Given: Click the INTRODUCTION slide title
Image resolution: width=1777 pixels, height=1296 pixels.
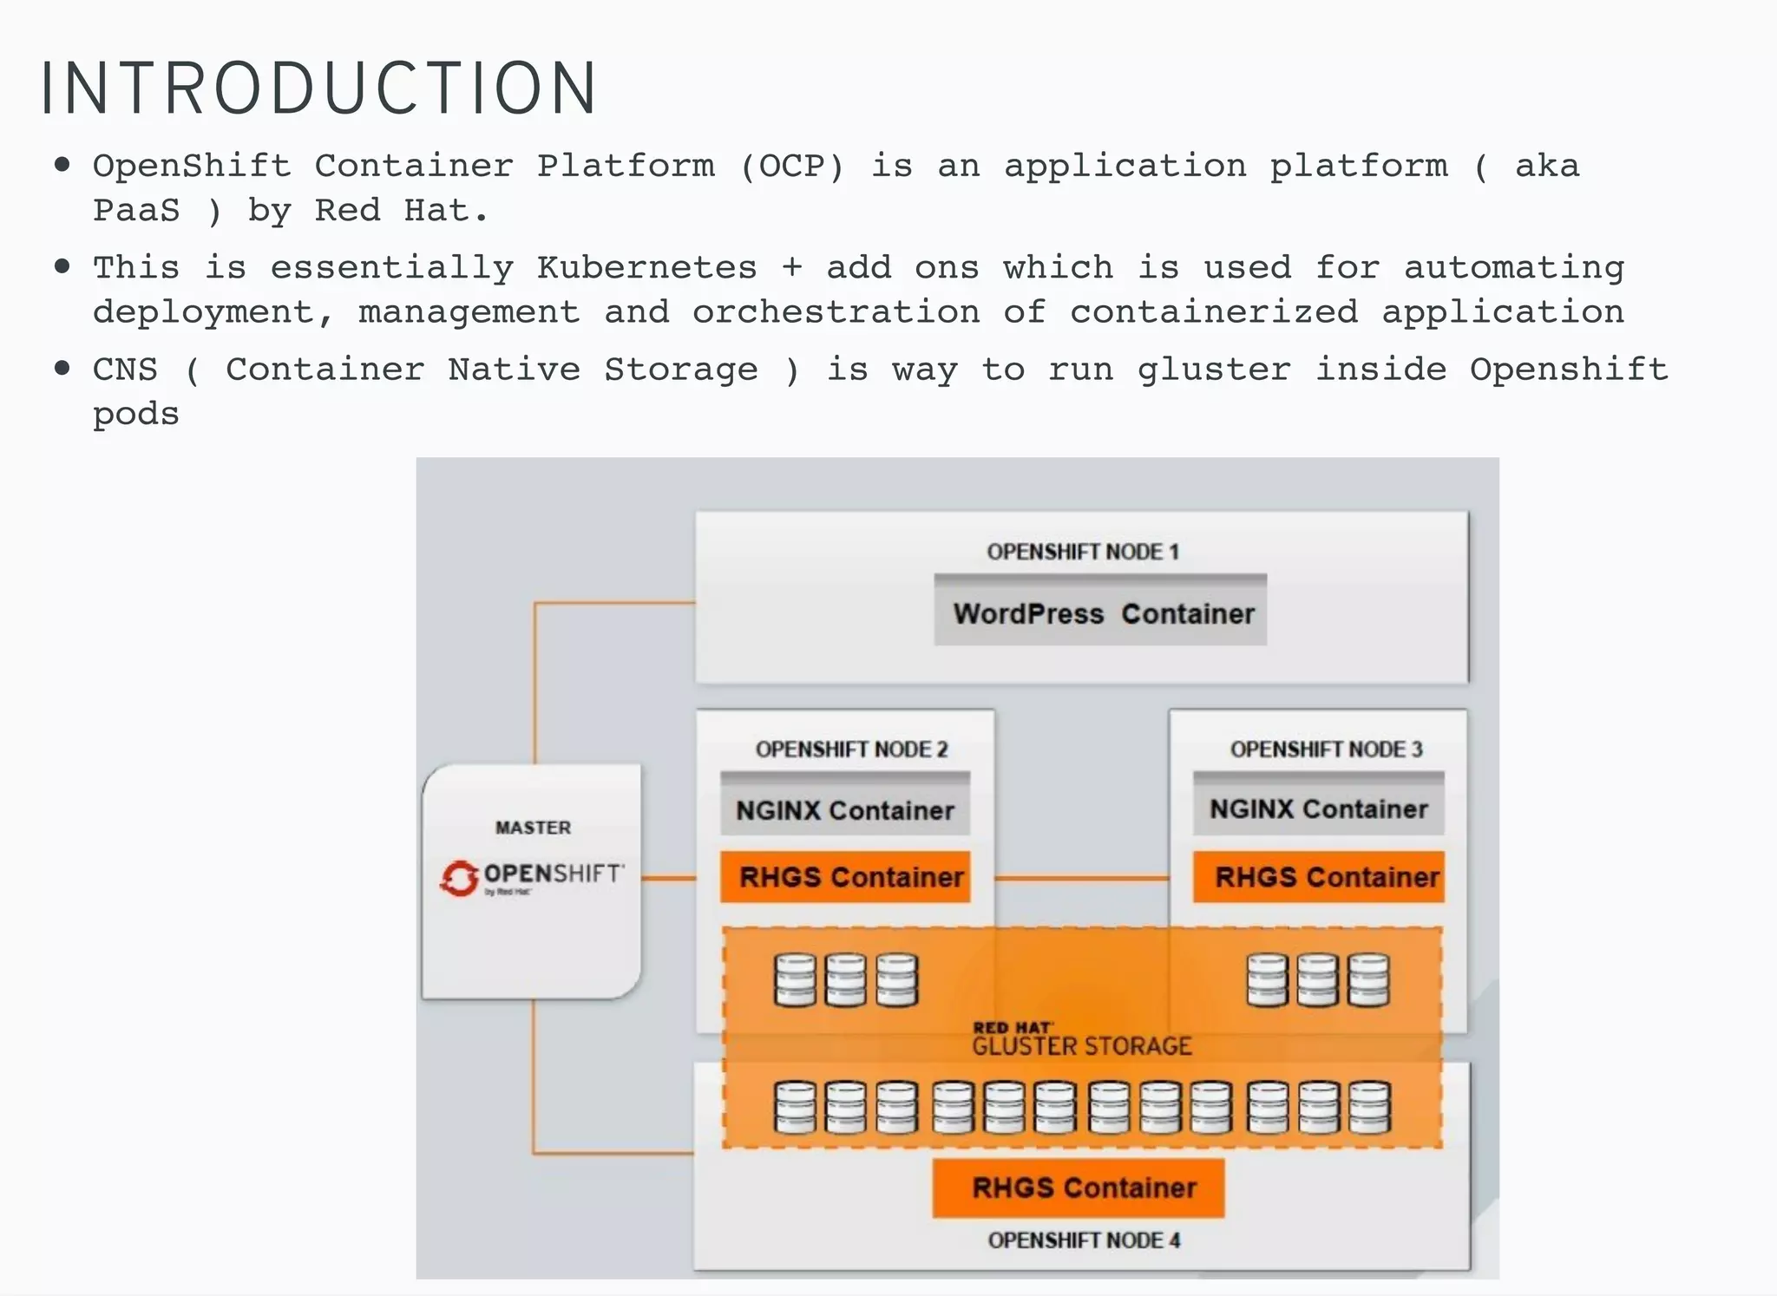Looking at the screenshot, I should [x=318, y=88].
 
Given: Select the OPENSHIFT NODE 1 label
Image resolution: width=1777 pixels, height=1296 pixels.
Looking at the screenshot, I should [x=1083, y=552].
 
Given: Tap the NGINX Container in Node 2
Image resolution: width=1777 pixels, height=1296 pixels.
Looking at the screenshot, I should [x=845, y=810].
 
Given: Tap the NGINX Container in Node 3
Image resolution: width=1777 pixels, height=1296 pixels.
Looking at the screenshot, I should [x=1318, y=808].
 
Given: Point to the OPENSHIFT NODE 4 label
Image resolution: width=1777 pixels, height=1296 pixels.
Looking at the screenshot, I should [x=1084, y=1240].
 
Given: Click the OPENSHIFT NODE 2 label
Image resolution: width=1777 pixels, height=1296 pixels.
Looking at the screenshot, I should [x=851, y=749].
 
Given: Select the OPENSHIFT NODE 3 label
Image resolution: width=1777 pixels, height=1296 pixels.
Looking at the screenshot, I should [x=1326, y=749].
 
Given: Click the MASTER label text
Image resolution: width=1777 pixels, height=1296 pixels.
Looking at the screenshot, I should [x=533, y=828].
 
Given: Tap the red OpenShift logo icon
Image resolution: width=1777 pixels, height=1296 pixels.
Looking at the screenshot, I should [x=459, y=878].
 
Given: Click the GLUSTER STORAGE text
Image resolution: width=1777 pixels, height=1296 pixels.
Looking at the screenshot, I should [x=1081, y=1045].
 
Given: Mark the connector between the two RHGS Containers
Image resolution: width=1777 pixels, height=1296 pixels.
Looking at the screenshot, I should [x=1081, y=878].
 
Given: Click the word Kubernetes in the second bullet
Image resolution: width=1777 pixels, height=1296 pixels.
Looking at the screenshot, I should [x=646, y=267].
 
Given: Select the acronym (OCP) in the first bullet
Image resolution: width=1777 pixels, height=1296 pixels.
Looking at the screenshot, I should [x=791, y=166].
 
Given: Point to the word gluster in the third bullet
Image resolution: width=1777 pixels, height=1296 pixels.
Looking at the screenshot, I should [x=1213, y=370].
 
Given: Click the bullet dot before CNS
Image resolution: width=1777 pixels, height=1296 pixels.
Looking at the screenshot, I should [x=62, y=368].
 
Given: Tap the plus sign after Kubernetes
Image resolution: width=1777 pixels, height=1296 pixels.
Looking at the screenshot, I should [x=790, y=267].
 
